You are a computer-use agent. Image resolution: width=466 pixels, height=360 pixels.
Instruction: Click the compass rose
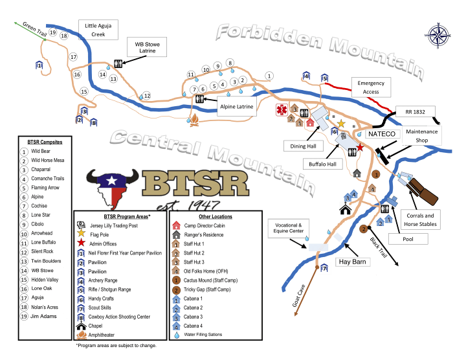point(438,35)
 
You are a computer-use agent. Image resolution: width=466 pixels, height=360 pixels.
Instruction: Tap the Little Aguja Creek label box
point(98,30)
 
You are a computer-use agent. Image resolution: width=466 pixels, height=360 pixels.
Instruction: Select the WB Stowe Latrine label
point(147,47)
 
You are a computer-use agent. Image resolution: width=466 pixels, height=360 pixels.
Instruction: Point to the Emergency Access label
point(371,87)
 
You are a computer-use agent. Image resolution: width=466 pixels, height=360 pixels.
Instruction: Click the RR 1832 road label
point(415,112)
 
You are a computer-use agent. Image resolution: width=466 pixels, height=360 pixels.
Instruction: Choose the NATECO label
point(382,134)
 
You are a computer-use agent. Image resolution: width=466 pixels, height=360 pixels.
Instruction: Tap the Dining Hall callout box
point(303,146)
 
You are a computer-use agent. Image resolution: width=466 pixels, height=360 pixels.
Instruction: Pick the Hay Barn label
point(353,262)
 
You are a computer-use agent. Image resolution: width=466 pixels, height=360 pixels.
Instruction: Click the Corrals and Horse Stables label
point(420,219)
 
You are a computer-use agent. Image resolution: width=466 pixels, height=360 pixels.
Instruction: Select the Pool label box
point(408,239)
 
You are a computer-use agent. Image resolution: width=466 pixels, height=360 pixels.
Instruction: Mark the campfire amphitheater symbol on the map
point(194,120)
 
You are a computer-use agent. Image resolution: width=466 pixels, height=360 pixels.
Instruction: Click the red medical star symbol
point(281,110)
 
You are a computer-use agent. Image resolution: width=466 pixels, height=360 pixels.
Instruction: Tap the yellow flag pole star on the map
point(341,124)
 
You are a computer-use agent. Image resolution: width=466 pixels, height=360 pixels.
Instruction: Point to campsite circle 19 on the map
point(52,32)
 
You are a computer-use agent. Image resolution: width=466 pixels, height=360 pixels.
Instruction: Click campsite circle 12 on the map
point(147,95)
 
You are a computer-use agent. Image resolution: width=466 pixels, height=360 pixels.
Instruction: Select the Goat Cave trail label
point(298,296)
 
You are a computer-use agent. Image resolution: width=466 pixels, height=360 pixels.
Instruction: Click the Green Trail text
point(35,29)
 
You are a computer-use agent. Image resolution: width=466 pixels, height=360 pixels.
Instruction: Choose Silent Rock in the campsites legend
point(42,251)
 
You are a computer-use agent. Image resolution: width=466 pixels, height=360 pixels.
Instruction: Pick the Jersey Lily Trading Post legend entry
point(113,225)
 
